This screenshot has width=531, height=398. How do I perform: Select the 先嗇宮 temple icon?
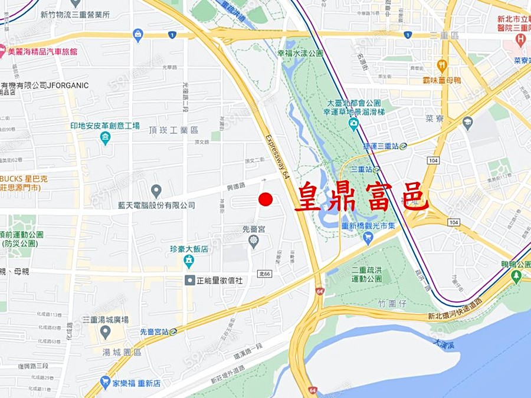click(254, 240)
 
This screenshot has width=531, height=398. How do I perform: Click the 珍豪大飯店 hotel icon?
click(189, 260)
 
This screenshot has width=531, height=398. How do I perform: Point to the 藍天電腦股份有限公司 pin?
click(156, 191)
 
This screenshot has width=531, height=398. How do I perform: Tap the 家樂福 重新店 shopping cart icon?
click(106, 383)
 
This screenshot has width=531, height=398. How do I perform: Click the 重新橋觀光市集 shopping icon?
click(368, 238)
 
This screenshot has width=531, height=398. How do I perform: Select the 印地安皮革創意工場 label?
click(105, 126)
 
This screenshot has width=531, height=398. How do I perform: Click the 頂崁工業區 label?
click(173, 130)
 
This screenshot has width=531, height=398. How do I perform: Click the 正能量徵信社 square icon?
click(190, 281)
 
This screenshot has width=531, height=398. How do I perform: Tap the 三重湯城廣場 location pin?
click(106, 331)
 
